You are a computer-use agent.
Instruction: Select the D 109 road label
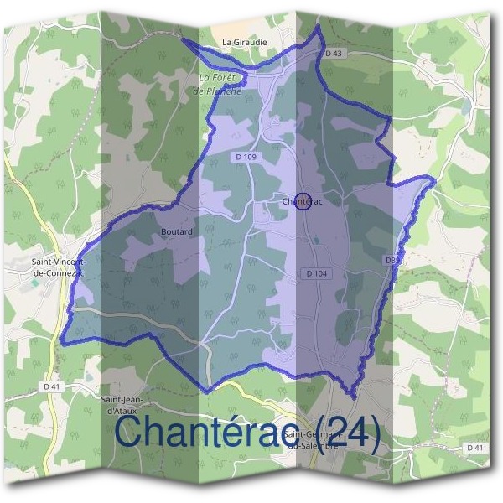(x=246, y=157)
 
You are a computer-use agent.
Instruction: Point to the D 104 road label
(x=316, y=273)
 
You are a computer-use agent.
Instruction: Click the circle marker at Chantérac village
(x=303, y=201)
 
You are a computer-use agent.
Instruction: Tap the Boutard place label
(x=176, y=231)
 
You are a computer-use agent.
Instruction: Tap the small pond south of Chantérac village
(x=316, y=242)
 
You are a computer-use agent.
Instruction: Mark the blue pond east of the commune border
(x=464, y=107)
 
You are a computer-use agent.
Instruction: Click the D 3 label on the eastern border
(x=392, y=261)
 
